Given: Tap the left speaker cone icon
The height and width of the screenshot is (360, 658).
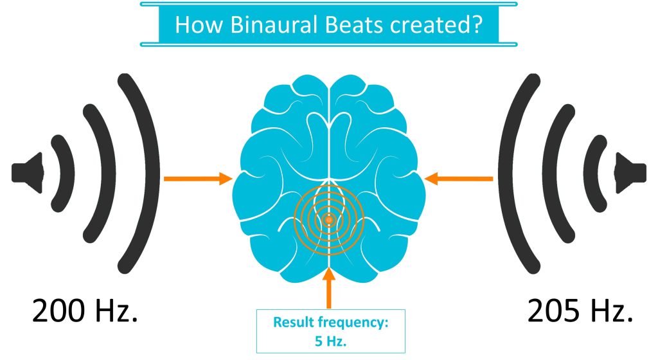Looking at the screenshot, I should coord(28,172).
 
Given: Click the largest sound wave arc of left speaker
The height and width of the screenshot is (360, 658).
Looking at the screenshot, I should coord(149,172).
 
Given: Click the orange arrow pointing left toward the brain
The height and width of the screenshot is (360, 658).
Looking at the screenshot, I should coord(460,178).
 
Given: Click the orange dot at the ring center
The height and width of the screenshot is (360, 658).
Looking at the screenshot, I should coord(329,220).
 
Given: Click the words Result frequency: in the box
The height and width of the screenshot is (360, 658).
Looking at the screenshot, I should coord(331,322).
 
